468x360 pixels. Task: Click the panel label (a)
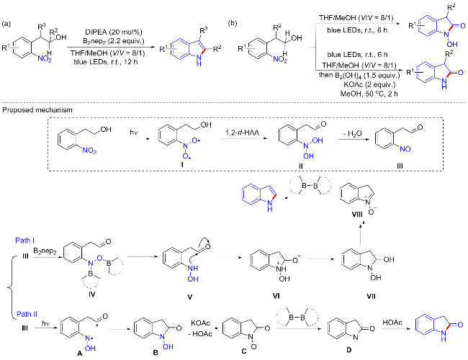[6, 6]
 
